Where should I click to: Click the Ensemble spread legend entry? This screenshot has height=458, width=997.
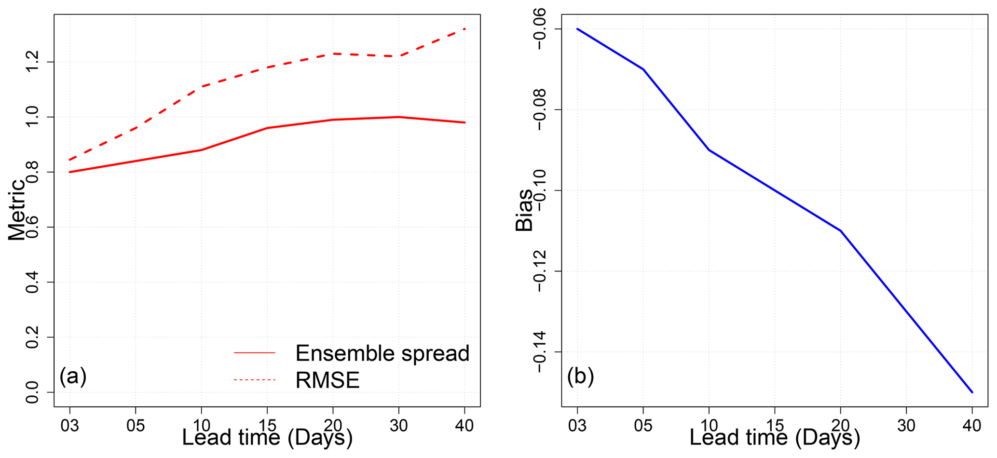tap(382, 353)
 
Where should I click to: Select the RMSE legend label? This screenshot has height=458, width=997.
tap(328, 380)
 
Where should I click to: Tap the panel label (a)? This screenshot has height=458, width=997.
tap(73, 377)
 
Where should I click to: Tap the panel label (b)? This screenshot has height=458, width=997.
tap(580, 377)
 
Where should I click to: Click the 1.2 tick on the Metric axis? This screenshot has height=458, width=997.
tap(32, 62)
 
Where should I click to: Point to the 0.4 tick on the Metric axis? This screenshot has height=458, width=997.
tap(32, 282)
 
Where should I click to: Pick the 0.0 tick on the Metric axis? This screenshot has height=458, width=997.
tap(32, 392)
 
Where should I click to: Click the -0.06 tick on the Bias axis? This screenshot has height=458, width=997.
tap(540, 29)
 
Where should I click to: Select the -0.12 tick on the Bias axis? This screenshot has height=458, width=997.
tap(540, 271)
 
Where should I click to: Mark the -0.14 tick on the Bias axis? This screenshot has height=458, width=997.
tap(540, 352)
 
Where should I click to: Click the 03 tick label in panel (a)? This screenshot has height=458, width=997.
tap(69, 425)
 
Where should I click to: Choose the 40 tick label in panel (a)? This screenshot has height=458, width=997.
tap(464, 425)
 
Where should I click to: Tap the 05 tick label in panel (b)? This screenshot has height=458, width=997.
tap(643, 425)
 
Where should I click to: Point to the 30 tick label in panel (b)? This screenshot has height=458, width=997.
tap(906, 425)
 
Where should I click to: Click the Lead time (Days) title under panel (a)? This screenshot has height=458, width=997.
tap(267, 438)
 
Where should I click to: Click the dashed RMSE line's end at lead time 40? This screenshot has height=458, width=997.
tap(464, 29)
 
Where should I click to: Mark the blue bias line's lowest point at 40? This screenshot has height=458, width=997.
tap(972, 392)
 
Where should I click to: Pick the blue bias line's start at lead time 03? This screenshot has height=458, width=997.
tap(577, 29)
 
